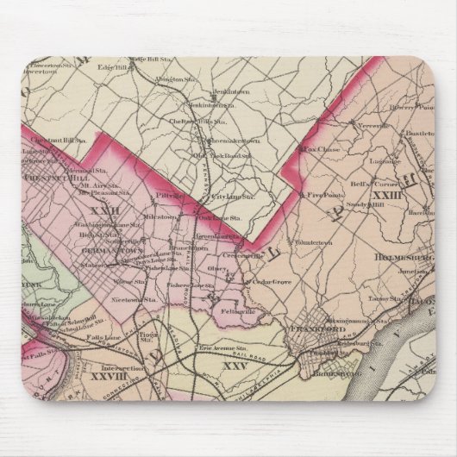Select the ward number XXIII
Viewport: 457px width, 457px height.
point(387,197)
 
